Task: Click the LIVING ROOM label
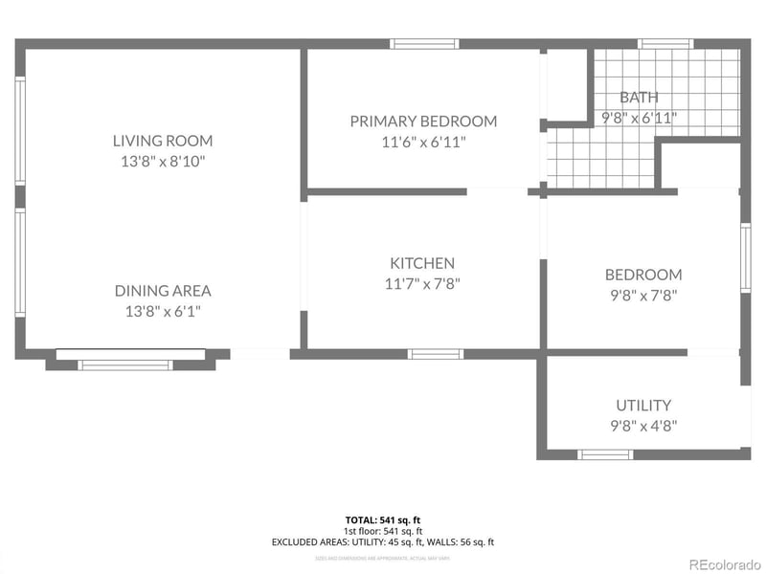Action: tap(163, 141)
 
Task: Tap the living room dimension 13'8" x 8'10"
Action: tap(163, 162)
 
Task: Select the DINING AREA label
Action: tap(163, 291)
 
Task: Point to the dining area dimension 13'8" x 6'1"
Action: tap(163, 311)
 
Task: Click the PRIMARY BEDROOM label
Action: tap(423, 121)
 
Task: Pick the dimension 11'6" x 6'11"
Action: tap(423, 142)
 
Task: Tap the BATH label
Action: tap(639, 98)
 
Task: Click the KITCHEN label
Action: tap(422, 263)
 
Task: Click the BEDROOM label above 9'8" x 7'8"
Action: tap(643, 275)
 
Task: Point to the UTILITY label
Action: tap(643, 405)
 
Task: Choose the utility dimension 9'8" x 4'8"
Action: tap(643, 426)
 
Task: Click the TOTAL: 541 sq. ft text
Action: tap(383, 519)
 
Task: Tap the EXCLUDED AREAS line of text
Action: tap(383, 542)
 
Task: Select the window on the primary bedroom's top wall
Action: tap(424, 43)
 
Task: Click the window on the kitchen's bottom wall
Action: tap(436, 354)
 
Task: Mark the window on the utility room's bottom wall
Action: tap(605, 454)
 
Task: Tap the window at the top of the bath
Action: tap(666, 43)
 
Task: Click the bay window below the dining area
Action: tap(125, 364)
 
